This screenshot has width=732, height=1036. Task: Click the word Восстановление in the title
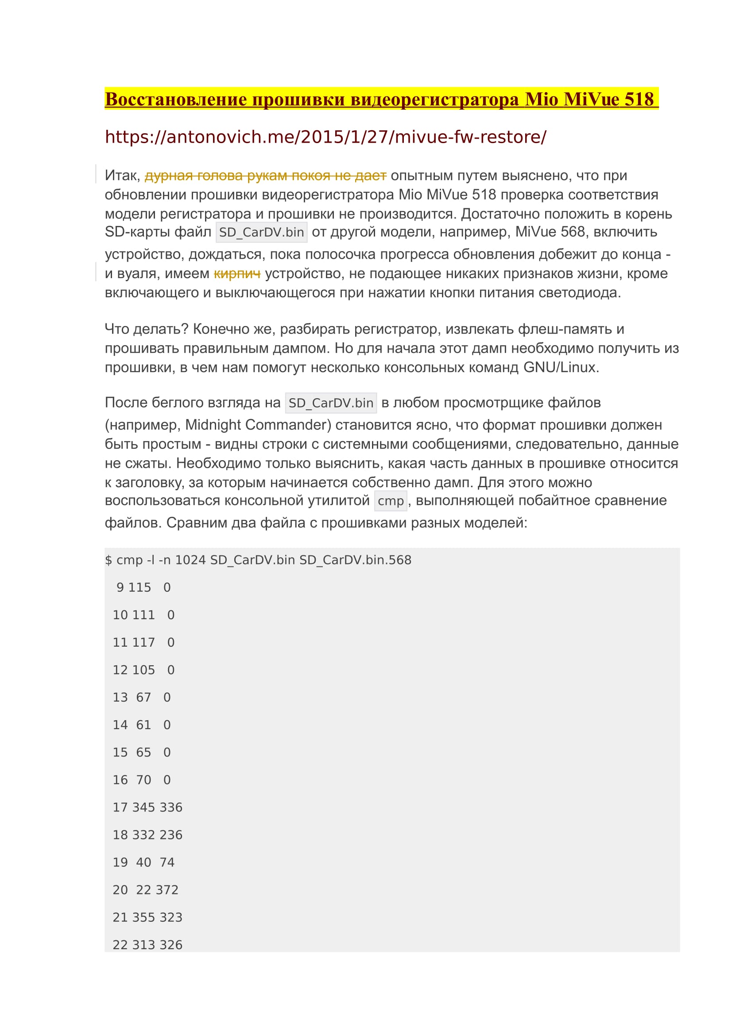(176, 99)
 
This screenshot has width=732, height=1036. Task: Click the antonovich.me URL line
(325, 137)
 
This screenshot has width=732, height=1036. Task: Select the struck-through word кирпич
(237, 273)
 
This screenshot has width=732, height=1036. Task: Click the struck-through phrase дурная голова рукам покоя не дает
(265, 175)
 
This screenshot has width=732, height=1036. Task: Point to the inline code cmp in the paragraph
(391, 501)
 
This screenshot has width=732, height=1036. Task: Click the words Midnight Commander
(258, 425)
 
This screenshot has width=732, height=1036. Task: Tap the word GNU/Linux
(561, 367)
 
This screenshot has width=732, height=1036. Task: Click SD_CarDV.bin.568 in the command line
(356, 560)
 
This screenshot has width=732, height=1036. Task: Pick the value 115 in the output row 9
(140, 587)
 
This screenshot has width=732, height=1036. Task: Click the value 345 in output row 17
(143, 807)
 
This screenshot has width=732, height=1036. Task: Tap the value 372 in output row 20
(167, 890)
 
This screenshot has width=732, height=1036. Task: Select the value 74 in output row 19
(167, 862)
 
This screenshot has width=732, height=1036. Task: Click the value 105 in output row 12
(143, 670)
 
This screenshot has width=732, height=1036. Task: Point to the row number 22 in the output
(120, 945)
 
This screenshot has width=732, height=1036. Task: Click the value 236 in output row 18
(171, 835)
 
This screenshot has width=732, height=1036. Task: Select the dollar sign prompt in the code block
(108, 560)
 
